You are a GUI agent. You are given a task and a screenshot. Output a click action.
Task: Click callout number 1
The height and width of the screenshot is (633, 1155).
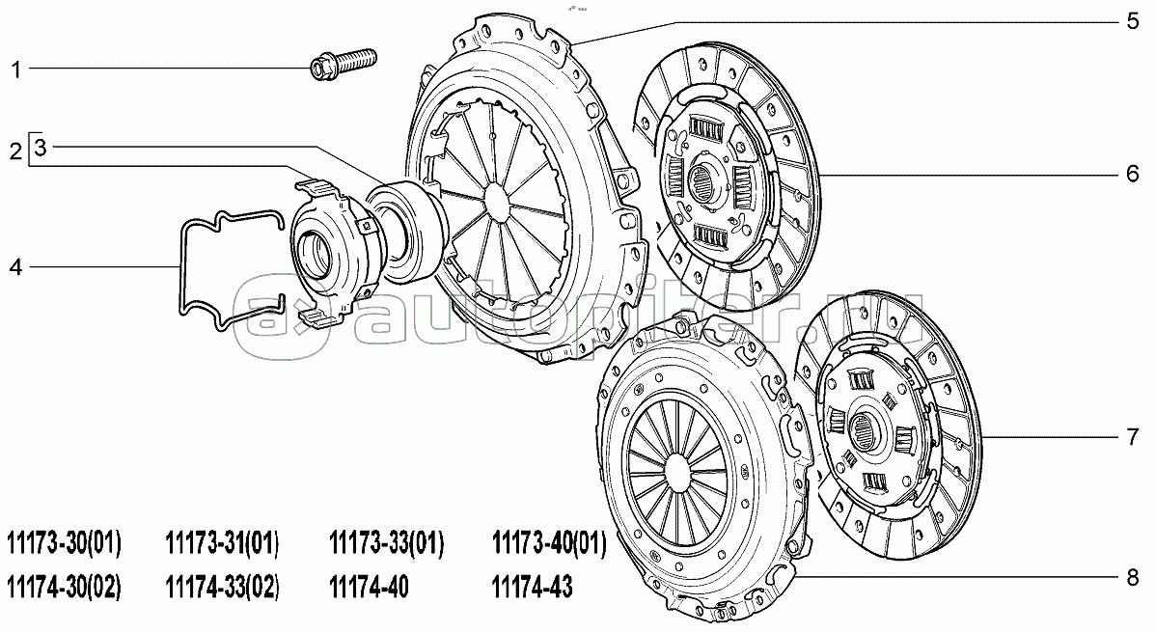tap(15, 70)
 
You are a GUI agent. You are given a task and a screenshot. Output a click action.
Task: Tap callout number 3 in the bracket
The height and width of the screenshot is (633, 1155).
tap(40, 148)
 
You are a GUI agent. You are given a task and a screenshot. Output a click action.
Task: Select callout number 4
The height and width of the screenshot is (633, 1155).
tap(15, 266)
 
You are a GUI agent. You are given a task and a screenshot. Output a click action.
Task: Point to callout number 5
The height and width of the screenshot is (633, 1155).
tap(1133, 21)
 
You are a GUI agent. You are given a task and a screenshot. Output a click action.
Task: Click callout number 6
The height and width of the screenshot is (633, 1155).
tap(1133, 174)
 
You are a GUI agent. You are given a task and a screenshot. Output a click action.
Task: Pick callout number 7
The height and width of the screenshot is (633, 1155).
tap(1133, 437)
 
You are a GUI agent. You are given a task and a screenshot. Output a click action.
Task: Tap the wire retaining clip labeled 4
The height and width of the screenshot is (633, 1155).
tap(232, 269)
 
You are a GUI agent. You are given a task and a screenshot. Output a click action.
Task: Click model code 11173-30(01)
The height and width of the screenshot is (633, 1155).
tap(64, 544)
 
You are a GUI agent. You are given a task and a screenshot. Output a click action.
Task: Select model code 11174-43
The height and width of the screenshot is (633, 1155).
tap(532, 588)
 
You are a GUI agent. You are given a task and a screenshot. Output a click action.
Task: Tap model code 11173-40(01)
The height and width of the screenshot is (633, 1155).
tap(549, 544)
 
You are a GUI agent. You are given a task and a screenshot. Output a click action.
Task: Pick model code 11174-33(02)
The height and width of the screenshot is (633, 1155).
tap(223, 588)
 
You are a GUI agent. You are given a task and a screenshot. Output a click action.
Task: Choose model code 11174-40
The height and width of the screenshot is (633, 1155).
tap(369, 588)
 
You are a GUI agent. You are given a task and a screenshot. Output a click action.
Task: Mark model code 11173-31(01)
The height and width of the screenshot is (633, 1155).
tap(223, 544)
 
